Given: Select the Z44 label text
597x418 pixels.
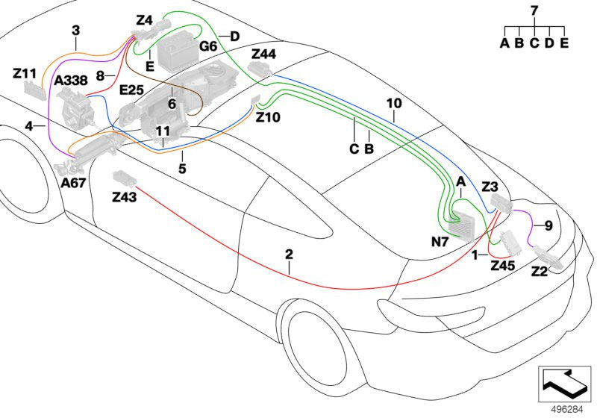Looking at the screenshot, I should (263, 54).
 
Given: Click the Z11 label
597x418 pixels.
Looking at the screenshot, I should (25, 73).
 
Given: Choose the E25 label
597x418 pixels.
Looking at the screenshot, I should (131, 90).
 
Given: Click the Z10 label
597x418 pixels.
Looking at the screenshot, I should (267, 117).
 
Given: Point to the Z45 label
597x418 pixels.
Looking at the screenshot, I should (503, 265).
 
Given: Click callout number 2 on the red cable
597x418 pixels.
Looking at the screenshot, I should (289, 255).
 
